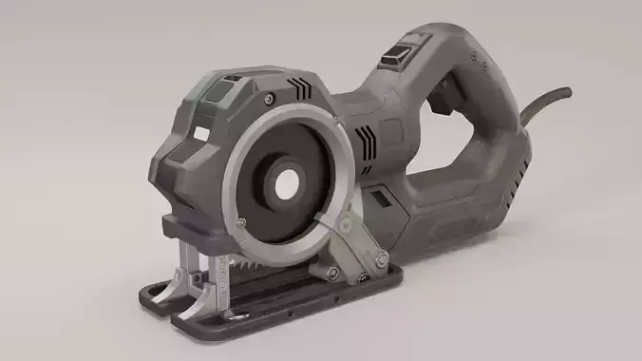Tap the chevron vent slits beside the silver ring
tap(363, 137)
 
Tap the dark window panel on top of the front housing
tap(217, 91)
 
